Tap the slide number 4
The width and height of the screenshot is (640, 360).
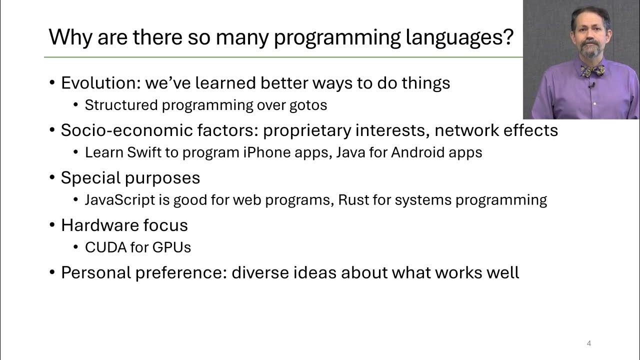pos(589,343)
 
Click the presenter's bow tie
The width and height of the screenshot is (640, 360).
pos(592,70)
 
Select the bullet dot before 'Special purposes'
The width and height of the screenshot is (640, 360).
pos(52,178)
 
